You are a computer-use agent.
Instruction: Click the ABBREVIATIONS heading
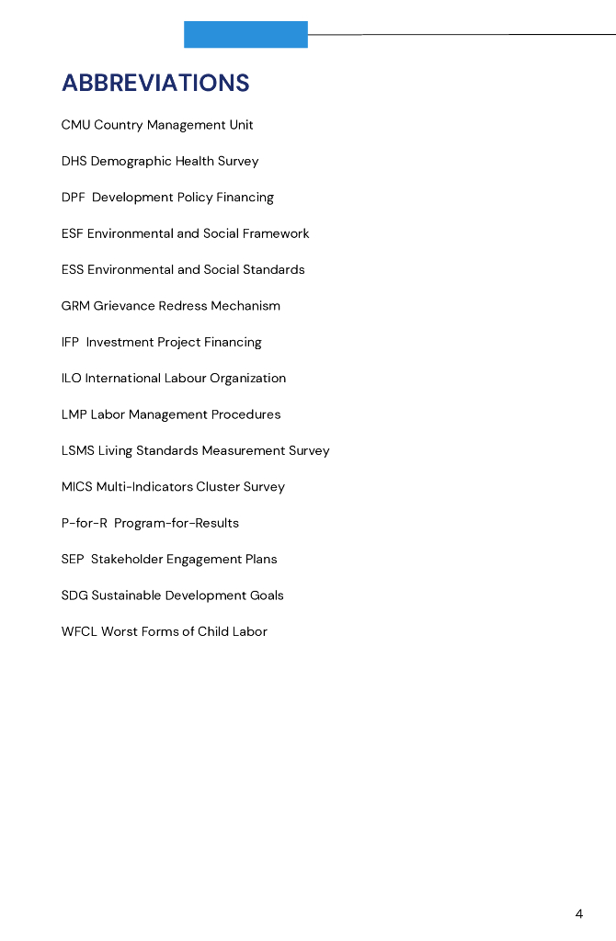click(x=155, y=83)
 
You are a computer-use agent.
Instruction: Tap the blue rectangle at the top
click(x=245, y=34)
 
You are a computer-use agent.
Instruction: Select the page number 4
click(x=579, y=913)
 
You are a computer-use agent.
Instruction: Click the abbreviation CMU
click(x=75, y=125)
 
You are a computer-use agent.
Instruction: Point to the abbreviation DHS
click(x=74, y=161)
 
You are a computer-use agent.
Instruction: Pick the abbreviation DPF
click(x=74, y=198)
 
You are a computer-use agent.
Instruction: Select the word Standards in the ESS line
click(x=273, y=269)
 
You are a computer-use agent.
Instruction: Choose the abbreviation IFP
click(x=70, y=342)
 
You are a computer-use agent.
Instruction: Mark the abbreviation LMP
click(x=74, y=414)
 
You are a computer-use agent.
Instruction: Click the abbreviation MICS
click(x=76, y=487)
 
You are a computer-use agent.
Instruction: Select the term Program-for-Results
click(x=177, y=523)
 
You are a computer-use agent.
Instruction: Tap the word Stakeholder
click(x=127, y=559)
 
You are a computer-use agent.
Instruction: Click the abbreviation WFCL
click(x=79, y=631)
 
